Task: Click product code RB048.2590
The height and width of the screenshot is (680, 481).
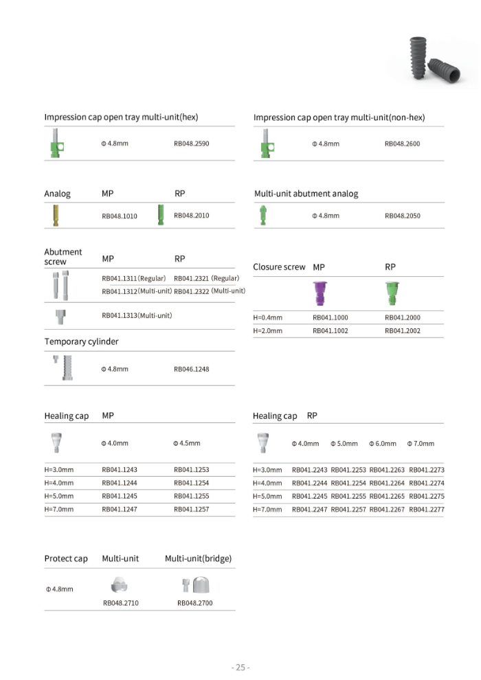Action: point(191,144)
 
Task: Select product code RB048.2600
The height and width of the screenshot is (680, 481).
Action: point(402,144)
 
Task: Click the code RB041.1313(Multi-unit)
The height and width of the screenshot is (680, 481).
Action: point(137,315)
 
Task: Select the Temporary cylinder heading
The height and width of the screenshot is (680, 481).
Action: point(81,341)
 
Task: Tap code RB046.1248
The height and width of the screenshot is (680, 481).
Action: point(191,369)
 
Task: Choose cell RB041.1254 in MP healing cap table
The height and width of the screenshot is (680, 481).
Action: point(191,483)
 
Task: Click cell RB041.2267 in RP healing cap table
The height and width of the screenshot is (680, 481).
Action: point(388,510)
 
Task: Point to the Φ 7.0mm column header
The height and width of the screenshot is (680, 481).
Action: point(421,444)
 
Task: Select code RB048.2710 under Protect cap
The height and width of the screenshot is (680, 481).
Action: point(120,603)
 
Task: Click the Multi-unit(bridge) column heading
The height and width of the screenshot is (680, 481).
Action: point(198,558)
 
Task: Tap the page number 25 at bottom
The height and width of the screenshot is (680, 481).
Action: point(240,667)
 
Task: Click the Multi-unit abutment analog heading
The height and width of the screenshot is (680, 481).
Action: point(306,194)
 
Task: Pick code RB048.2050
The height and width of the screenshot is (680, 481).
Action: point(402,216)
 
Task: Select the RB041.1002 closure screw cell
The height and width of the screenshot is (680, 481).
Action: point(330,331)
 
